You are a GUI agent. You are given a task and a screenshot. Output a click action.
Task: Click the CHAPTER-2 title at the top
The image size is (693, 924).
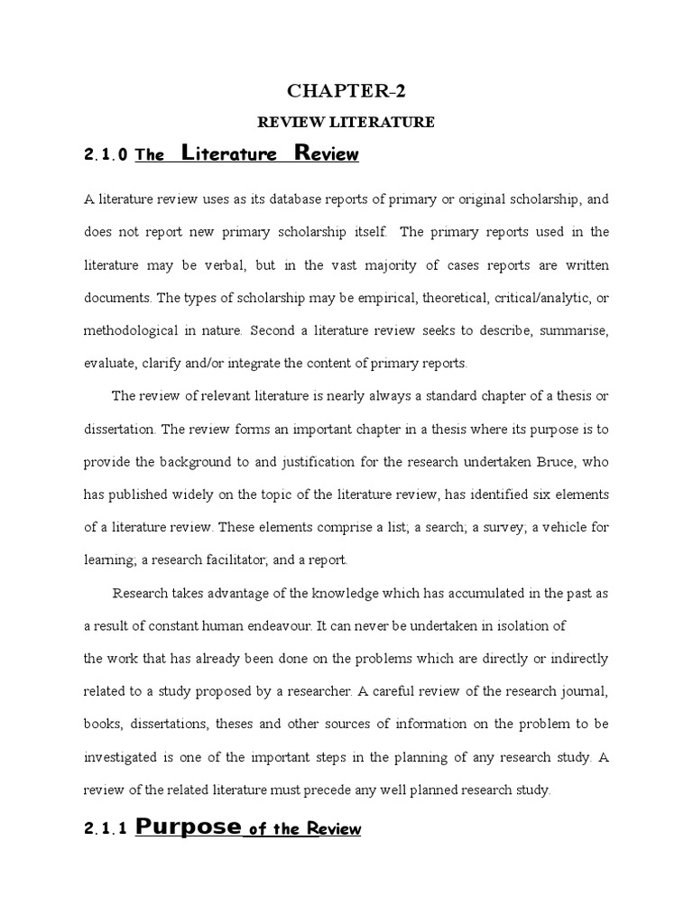pyautogui.click(x=347, y=91)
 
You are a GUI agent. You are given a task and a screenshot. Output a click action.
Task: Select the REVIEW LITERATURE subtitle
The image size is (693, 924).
pyautogui.click(x=347, y=122)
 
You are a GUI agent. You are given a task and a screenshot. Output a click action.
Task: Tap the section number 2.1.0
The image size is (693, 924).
pyautogui.click(x=106, y=155)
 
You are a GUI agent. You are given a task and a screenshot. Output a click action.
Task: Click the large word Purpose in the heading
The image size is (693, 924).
pyautogui.click(x=189, y=827)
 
